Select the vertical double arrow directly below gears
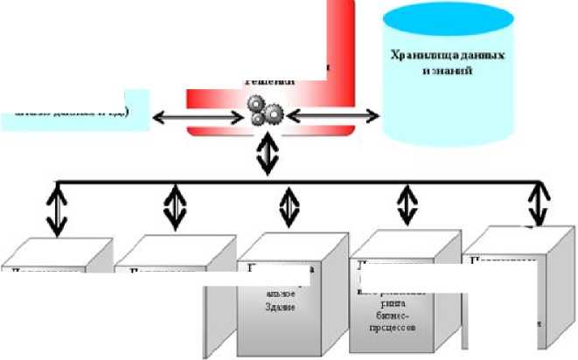(267, 156)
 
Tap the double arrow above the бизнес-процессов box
(407, 205)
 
